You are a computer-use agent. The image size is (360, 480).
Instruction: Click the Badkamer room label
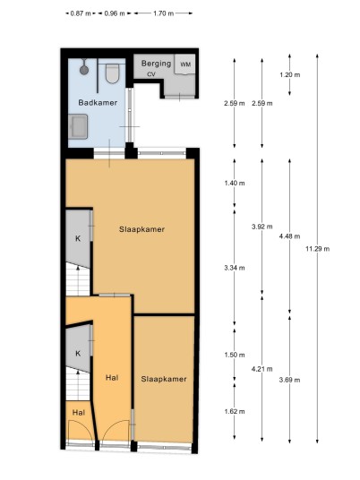click(x=98, y=103)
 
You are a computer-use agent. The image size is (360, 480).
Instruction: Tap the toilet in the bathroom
click(x=112, y=73)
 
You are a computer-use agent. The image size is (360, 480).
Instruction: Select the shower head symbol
click(x=84, y=68)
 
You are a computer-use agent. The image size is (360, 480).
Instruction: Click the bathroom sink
click(x=78, y=126)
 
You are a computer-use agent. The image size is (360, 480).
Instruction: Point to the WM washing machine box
click(x=184, y=64)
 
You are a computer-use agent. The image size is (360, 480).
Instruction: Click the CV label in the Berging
click(x=151, y=74)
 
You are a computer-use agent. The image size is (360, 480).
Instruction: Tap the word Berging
click(x=156, y=64)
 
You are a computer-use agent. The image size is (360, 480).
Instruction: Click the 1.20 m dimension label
click(x=289, y=74)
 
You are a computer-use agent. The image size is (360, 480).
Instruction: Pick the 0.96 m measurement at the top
click(x=115, y=13)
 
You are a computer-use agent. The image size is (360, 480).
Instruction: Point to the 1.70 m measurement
click(x=164, y=13)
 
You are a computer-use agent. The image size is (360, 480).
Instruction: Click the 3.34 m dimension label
click(x=235, y=268)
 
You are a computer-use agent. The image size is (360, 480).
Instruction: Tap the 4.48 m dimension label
click(x=289, y=236)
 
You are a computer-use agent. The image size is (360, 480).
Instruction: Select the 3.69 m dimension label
click(x=289, y=380)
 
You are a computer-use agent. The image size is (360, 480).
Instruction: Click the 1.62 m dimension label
click(x=235, y=411)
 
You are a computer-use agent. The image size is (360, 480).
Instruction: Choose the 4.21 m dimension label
click(x=262, y=369)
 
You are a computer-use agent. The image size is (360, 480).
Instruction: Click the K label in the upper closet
click(x=78, y=238)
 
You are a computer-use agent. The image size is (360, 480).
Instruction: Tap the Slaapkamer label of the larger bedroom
click(x=141, y=229)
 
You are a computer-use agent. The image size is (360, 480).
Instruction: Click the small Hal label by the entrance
click(x=79, y=413)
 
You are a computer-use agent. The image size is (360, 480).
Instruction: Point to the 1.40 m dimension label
click(x=235, y=183)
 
